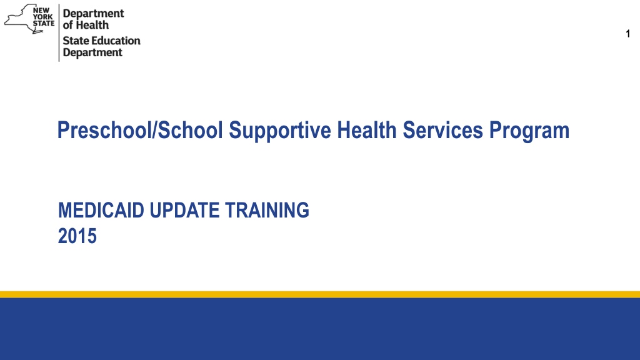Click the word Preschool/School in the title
(x=140, y=130)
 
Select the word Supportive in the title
(x=280, y=131)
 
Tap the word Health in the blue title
(x=366, y=130)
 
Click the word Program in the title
(x=529, y=131)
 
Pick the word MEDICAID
(x=101, y=210)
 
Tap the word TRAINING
(x=267, y=210)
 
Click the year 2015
(x=77, y=236)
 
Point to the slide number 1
(x=627, y=34)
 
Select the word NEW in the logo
(x=41, y=10)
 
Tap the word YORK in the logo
(x=42, y=17)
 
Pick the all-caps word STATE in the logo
(x=43, y=23)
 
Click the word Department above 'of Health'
(x=93, y=14)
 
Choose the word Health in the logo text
(x=92, y=25)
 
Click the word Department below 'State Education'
(x=92, y=52)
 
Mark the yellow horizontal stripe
(x=320, y=294)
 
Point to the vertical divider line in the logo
(x=59, y=33)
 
